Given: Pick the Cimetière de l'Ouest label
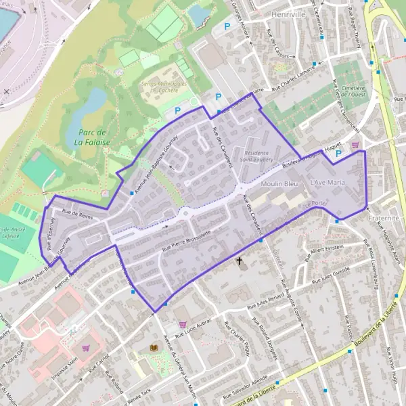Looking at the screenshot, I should (354, 90).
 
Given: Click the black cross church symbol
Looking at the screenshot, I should (239, 261).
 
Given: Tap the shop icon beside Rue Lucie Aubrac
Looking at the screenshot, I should (181, 324).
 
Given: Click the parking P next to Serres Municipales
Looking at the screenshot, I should (178, 110).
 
